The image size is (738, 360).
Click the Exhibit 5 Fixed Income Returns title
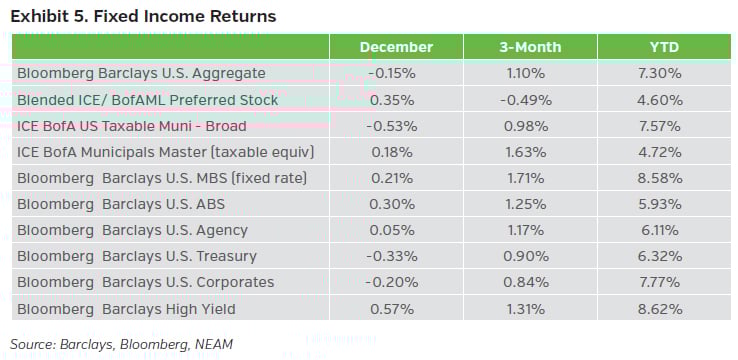(143, 17)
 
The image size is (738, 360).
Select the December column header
(396, 47)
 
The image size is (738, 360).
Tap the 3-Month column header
(530, 47)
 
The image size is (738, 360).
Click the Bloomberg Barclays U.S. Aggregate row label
(141, 73)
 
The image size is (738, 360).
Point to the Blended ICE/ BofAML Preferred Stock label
(148, 100)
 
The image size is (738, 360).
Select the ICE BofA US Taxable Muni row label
(132, 126)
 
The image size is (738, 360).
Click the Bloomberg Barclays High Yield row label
(126, 309)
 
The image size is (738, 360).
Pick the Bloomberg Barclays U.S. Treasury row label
(137, 257)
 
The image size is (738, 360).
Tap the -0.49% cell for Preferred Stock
(530, 100)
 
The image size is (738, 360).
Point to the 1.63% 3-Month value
(530, 152)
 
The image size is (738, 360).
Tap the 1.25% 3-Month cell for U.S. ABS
(530, 204)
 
